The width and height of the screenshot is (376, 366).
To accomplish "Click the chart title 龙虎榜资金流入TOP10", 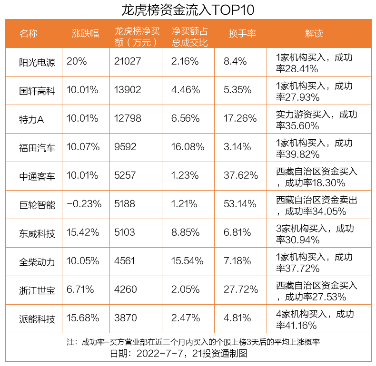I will tap(188, 10).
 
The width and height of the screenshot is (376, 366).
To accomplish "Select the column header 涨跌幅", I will tap(86, 33).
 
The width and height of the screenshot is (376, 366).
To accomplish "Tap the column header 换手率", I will tap(242, 33).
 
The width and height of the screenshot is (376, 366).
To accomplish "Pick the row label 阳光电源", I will tap(37, 62).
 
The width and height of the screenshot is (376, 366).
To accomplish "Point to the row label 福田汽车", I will tap(37, 147).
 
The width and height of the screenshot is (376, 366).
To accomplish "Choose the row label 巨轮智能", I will tap(37, 204).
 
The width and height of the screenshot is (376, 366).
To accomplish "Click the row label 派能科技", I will tap(37, 318).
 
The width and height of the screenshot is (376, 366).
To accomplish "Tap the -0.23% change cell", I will tap(84, 204).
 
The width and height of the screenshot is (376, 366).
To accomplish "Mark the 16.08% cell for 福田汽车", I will tap(188, 147).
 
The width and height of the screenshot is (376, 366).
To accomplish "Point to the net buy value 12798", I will tap(128, 118).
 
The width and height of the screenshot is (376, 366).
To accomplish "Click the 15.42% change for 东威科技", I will tap(83, 232).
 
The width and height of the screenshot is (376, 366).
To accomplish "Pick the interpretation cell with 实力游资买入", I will tap(317, 119).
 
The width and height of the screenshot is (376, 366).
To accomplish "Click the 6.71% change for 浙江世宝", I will tap(80, 289).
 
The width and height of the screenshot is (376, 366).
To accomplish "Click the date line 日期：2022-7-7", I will tap(179, 354).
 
